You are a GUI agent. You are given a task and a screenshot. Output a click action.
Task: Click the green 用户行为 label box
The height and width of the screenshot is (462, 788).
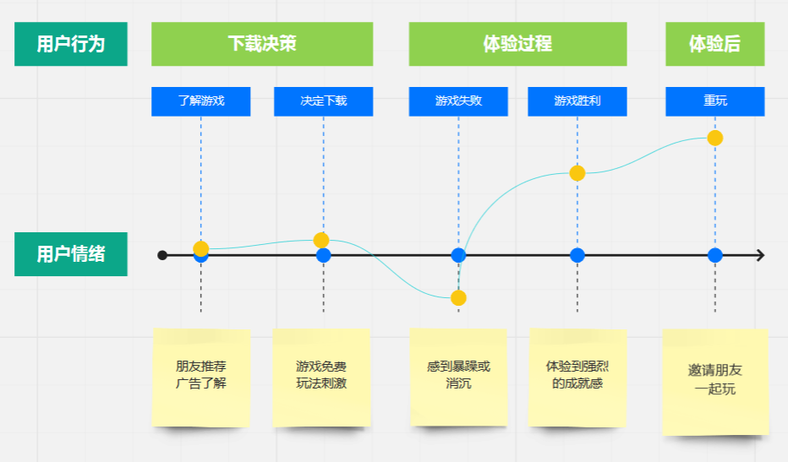tap(71, 44)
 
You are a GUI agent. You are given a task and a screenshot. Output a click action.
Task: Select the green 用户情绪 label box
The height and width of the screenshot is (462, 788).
tap(71, 254)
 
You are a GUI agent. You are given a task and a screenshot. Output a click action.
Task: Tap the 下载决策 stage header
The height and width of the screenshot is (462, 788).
tap(262, 44)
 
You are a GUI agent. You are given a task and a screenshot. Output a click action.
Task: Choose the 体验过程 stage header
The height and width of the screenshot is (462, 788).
tap(517, 44)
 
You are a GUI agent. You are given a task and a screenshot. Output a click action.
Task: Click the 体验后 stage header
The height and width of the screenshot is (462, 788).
tap(715, 44)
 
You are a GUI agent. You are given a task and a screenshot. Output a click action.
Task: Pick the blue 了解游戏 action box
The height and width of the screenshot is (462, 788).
tap(201, 101)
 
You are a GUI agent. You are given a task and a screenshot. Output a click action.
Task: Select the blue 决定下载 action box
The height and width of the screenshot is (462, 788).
tap(324, 101)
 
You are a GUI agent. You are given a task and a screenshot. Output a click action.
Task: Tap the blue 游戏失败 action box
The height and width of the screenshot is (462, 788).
tap(458, 101)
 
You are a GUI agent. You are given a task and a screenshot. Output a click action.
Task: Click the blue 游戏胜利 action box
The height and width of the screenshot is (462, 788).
tap(577, 101)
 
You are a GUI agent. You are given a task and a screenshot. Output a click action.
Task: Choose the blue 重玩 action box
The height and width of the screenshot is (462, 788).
tap(715, 101)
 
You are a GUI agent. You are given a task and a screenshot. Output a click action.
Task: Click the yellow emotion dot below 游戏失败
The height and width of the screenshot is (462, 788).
tap(458, 298)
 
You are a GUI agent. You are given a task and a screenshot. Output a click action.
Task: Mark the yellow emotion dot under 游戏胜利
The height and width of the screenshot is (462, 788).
tap(577, 173)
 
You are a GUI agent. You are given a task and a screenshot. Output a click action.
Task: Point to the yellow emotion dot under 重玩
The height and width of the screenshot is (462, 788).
tap(715, 138)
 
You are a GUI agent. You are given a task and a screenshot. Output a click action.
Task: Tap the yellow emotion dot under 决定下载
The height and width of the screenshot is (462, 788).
tap(321, 240)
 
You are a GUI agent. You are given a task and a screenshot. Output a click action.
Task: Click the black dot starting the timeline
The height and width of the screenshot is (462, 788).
tap(161, 256)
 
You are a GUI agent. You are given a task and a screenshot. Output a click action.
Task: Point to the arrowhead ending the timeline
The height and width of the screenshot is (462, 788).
tap(763, 256)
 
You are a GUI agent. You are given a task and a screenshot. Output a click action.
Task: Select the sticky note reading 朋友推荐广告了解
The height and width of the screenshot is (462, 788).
tap(201, 378)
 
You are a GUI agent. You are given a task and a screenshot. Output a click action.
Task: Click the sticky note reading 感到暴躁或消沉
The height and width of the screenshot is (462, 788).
tap(458, 378)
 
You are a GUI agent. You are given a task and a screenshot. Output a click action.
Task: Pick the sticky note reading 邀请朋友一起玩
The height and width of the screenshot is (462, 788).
tap(715, 382)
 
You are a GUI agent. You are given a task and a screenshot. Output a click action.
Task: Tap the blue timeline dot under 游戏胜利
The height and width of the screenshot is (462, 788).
tap(577, 256)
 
